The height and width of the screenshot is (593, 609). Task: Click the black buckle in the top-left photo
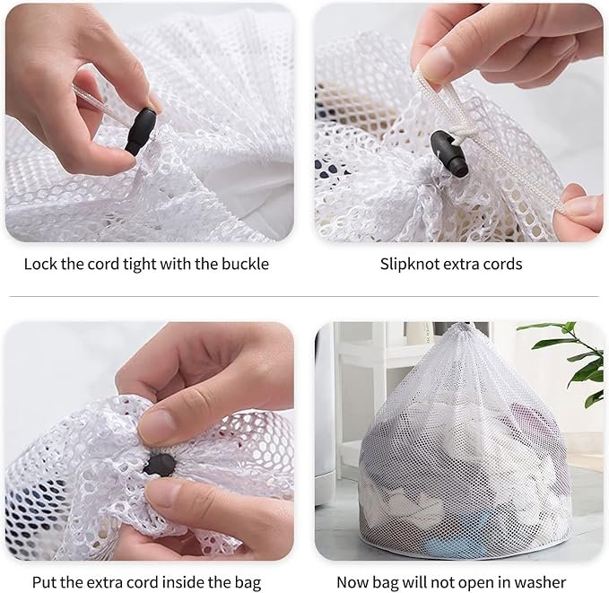point(141,131)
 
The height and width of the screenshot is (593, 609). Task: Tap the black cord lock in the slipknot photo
point(449,153)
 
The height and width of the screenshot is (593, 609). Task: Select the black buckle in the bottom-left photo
point(160,465)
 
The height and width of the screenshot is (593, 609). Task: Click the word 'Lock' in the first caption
point(40,265)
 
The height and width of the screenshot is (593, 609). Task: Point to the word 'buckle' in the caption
point(245,265)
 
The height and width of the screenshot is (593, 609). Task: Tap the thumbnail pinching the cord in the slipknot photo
point(436,62)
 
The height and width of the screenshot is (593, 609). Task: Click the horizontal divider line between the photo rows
point(304,296)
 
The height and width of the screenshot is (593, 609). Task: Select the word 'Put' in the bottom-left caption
point(45,582)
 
